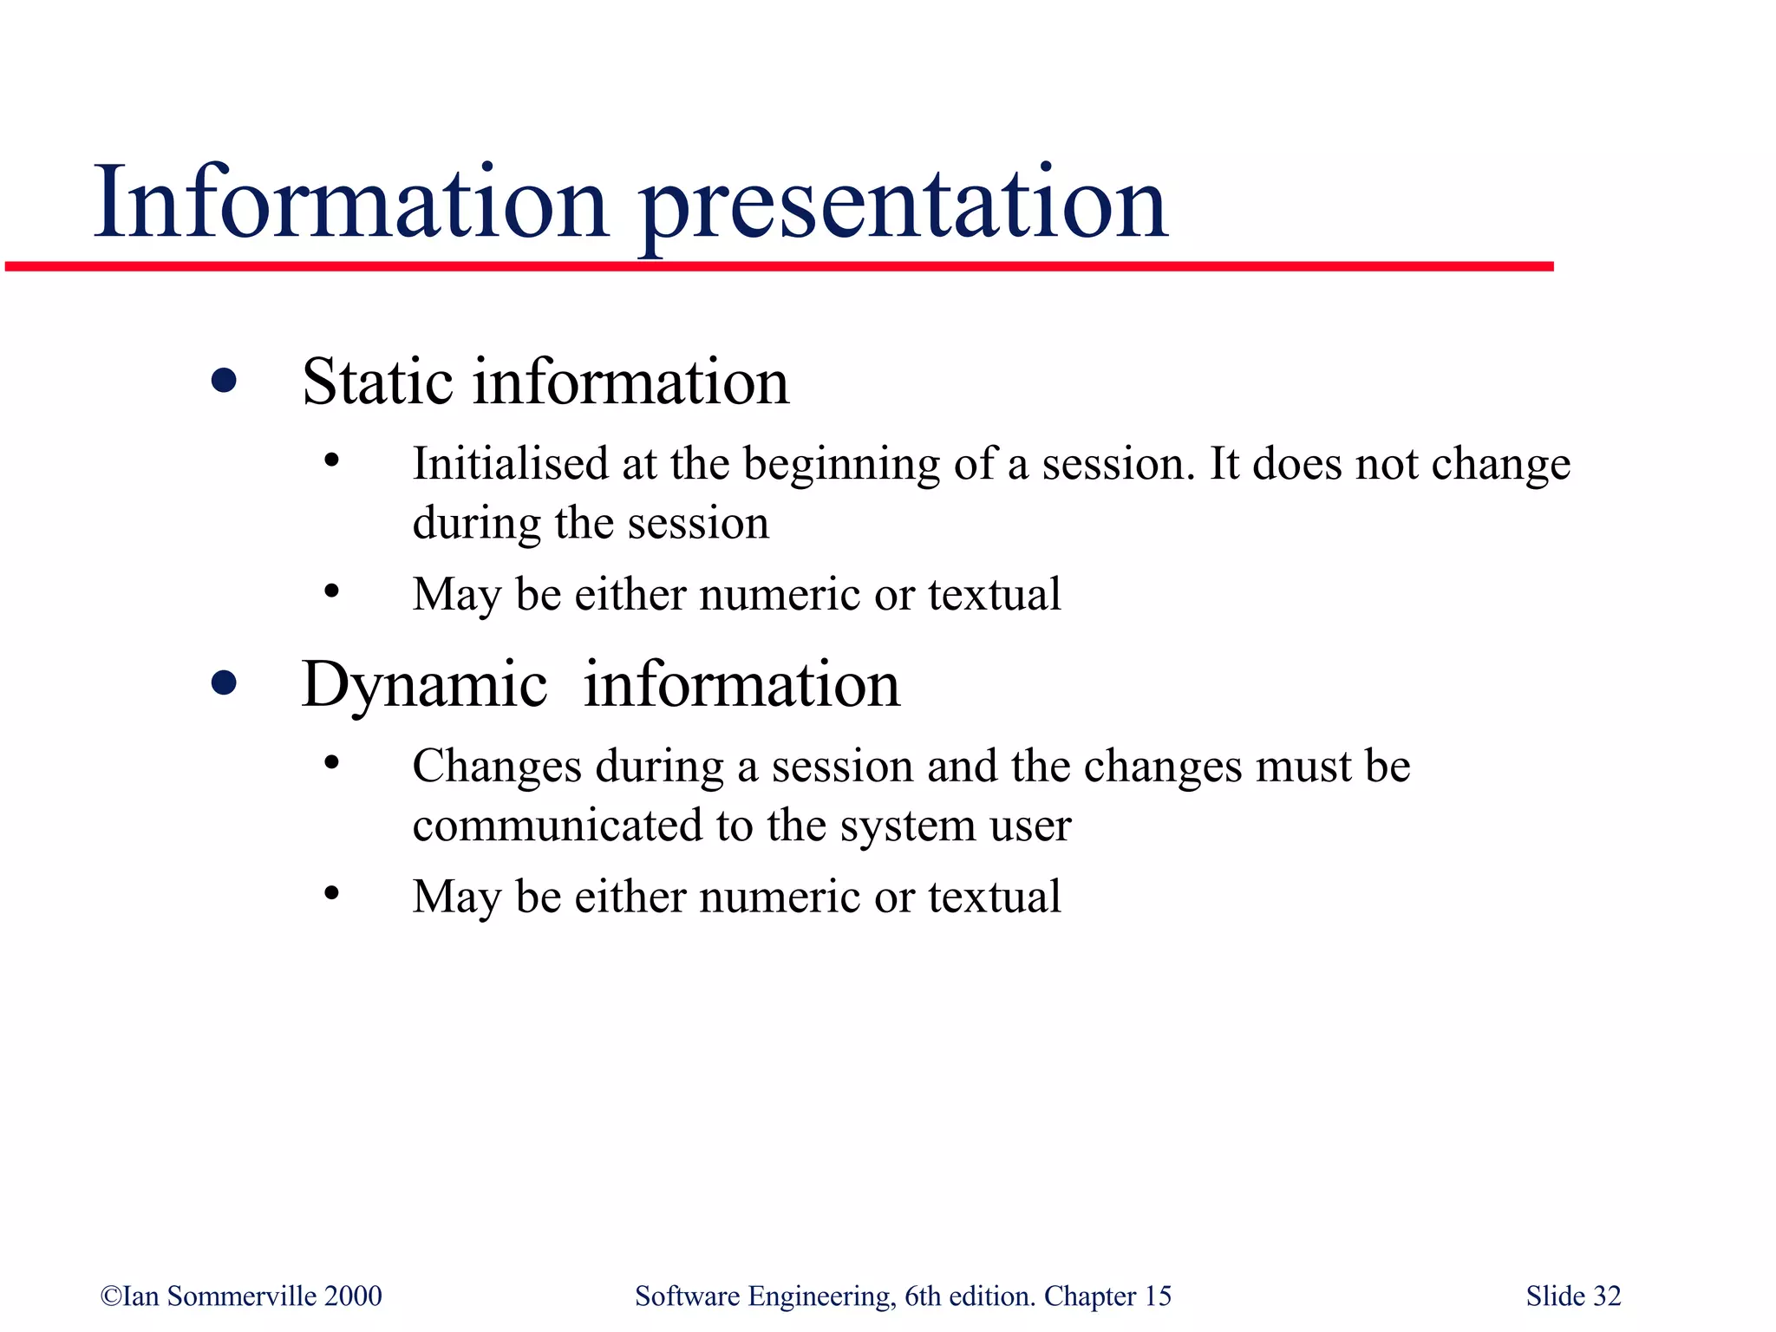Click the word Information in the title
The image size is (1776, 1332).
351,205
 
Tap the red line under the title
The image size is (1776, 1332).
780,266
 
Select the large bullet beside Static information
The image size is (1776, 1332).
224,381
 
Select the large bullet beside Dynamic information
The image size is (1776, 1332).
224,683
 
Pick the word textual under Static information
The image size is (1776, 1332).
994,595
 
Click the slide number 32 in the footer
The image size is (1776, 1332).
1606,1296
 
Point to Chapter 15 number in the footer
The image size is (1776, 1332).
1158,1296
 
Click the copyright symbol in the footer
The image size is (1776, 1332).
110,1296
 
